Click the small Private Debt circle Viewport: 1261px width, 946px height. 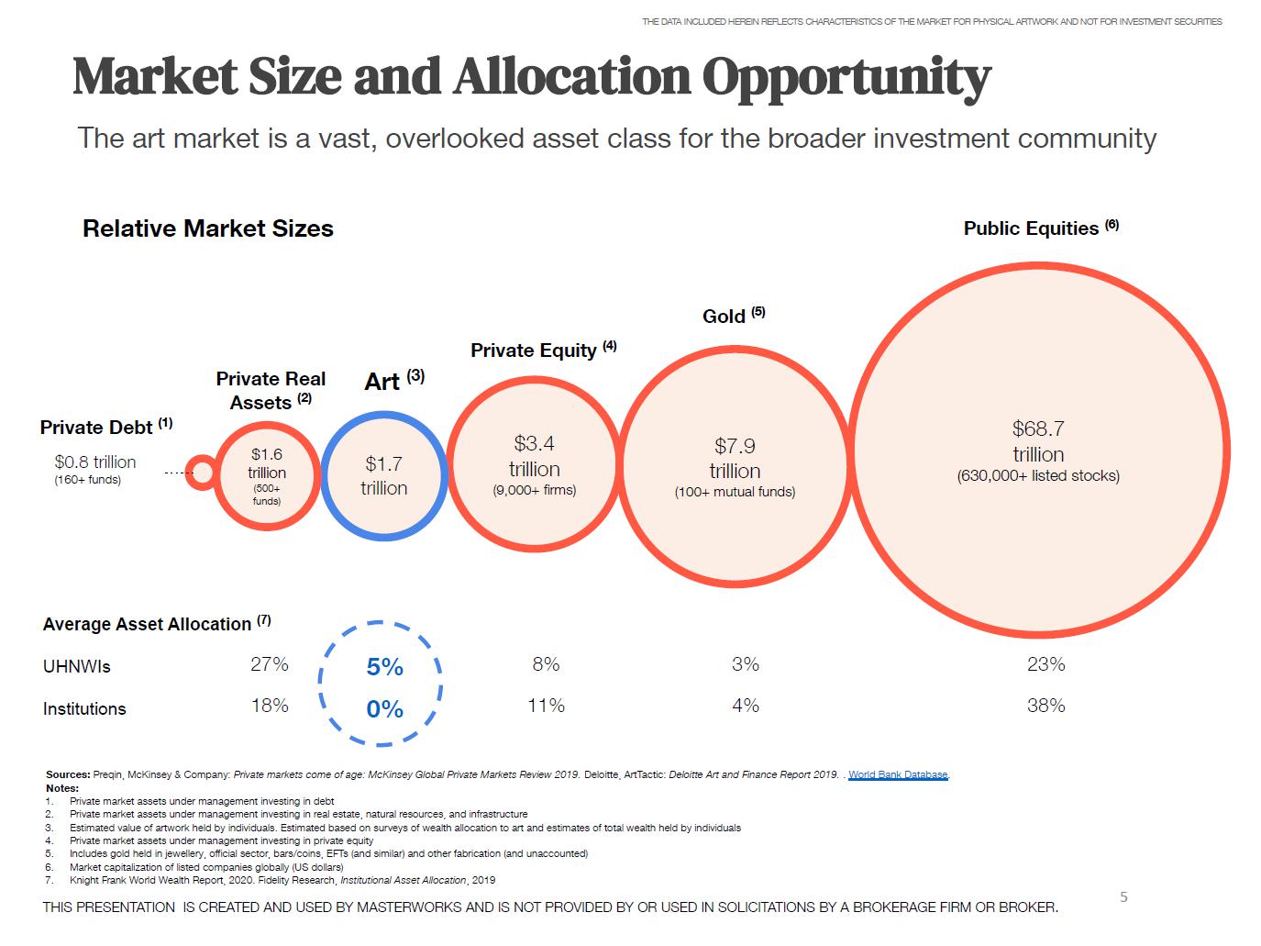coord(200,473)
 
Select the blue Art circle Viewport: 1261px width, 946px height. coord(383,475)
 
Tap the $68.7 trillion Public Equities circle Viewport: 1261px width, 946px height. coord(1038,451)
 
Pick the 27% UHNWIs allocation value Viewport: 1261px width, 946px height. coord(270,664)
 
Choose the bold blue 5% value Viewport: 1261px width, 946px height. coord(384,667)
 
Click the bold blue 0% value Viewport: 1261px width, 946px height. coord(384,709)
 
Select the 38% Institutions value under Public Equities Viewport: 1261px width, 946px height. coord(1045,706)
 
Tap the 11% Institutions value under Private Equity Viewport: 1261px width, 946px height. coord(546,706)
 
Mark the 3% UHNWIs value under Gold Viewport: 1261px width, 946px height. coord(746,664)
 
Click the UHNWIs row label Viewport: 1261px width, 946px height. coord(77,667)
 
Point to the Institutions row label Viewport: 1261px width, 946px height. coord(84,709)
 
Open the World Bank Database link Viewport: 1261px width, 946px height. coord(898,774)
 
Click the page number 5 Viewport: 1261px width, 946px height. coord(1123,897)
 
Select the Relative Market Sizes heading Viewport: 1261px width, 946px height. coord(208,228)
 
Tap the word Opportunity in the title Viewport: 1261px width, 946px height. coord(846,77)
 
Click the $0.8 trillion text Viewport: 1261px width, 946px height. coord(94,462)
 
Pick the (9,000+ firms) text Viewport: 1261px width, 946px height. coord(535,490)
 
